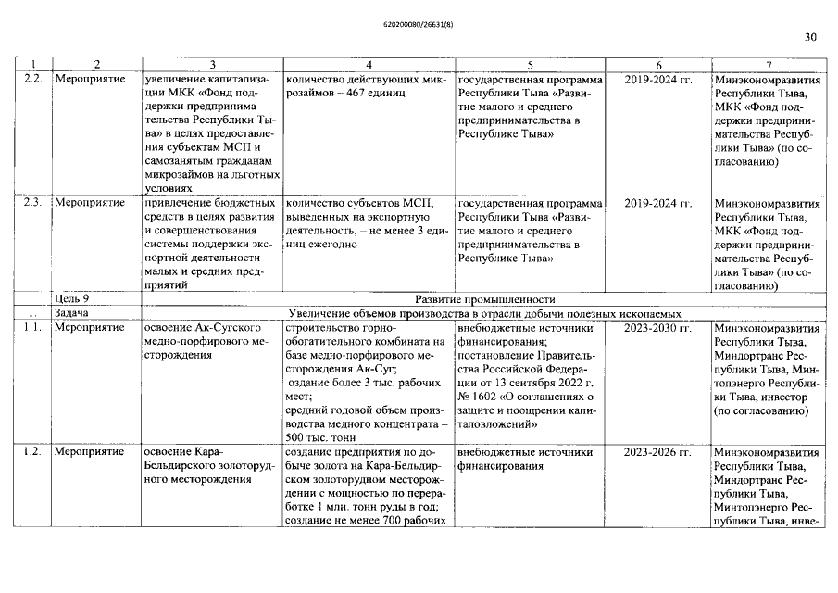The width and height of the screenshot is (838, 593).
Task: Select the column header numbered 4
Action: point(369,65)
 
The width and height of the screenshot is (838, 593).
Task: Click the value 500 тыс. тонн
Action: point(321,438)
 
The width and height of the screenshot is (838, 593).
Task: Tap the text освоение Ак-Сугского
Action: point(203,328)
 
